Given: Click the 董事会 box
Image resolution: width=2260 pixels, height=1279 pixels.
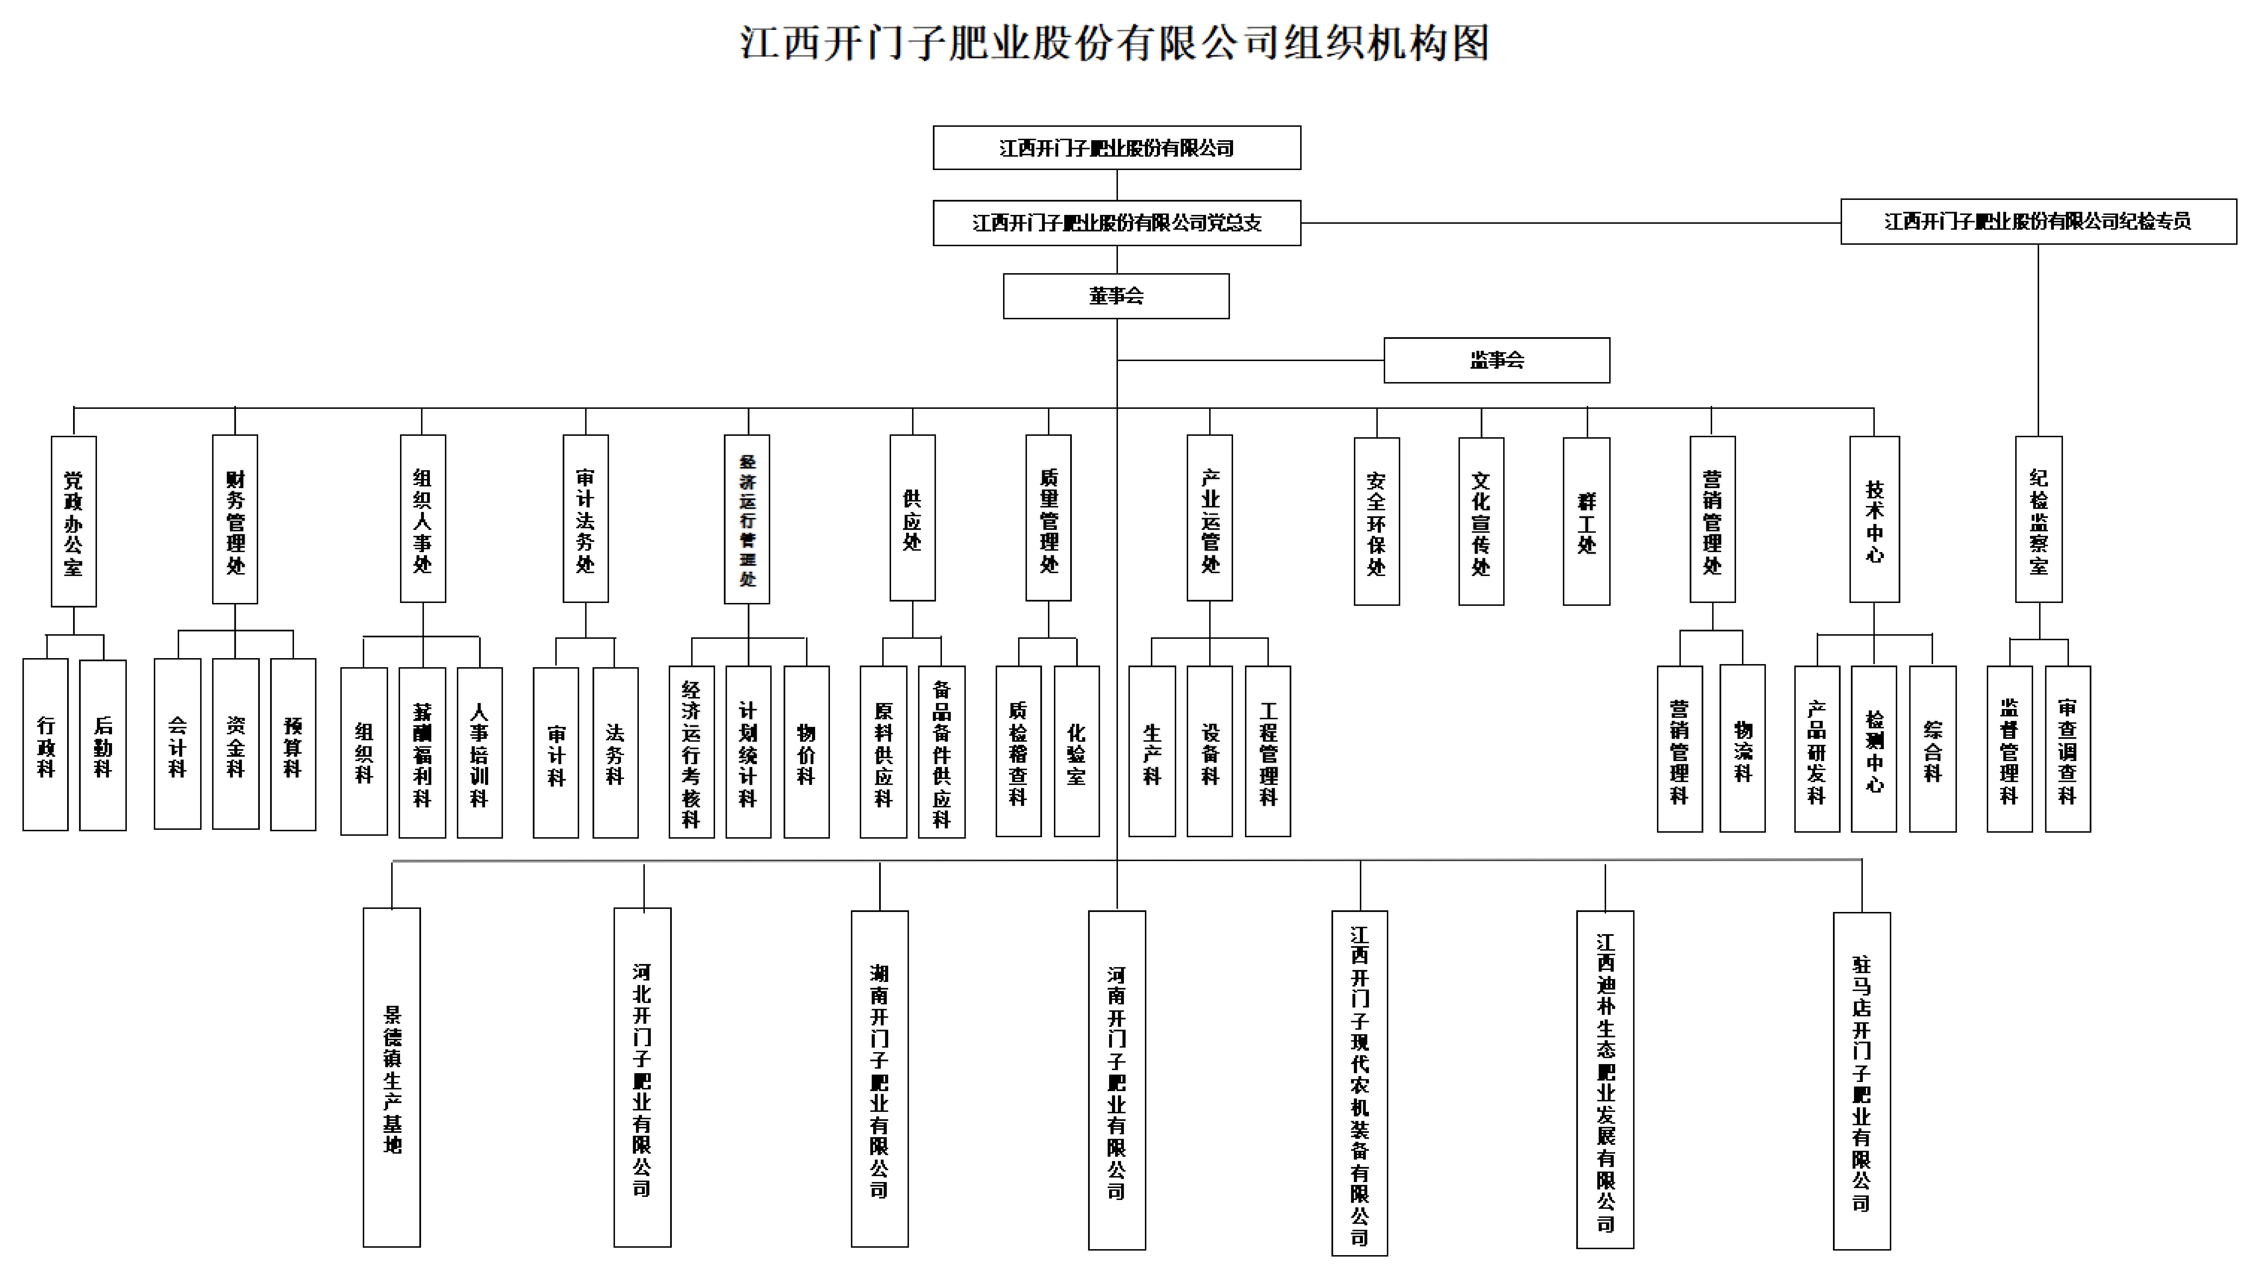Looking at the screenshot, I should click(1116, 296).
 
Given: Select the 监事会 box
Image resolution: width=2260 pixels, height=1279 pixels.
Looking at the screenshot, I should click(1496, 360).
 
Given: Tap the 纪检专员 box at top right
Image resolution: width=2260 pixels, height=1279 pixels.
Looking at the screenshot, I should click(2038, 221).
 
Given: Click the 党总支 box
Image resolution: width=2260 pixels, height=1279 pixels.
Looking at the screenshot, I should click(1116, 223).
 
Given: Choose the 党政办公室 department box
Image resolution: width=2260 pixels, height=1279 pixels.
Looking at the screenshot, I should click(74, 521).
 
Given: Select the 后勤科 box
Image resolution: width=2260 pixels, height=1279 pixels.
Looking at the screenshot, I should click(103, 745).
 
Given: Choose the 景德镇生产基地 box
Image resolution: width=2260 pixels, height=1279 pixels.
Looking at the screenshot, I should click(392, 1077).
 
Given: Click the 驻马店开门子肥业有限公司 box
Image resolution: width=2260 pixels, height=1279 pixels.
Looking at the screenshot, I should click(1861, 1081).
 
